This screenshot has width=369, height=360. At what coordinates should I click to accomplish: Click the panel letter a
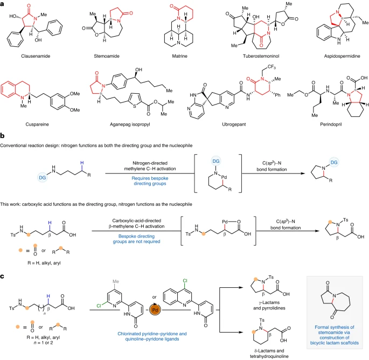coord(3,4)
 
